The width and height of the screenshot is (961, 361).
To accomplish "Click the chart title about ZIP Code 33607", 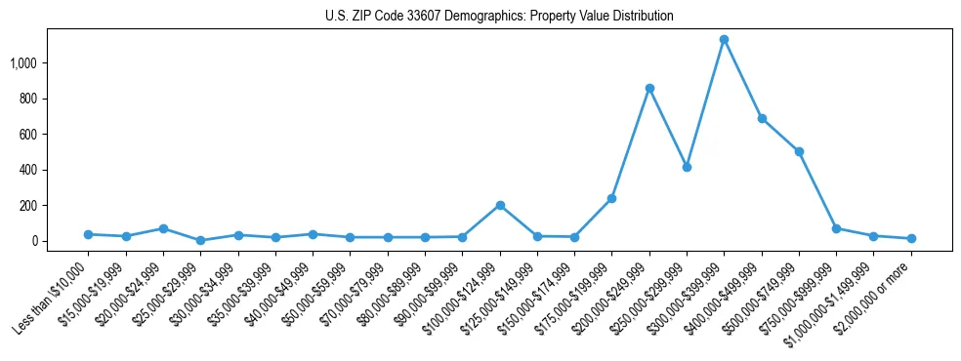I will pos(499,17).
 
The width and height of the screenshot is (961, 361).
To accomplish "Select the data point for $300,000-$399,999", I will pos(724,40).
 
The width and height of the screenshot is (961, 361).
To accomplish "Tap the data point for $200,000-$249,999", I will pos(649,88).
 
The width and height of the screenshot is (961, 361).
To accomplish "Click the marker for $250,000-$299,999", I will pos(687,167).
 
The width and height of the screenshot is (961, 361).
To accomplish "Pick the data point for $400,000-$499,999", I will pos(762,118).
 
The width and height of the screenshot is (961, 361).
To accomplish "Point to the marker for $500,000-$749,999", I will pos(799,151).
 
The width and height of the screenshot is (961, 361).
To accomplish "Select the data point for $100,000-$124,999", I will pos(500,205).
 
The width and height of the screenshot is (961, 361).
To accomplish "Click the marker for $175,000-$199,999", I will pos(612,198).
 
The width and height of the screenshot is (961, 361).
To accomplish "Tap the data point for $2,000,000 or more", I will pos(911,238).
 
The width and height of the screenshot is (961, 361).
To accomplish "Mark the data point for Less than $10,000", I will pos(88,234).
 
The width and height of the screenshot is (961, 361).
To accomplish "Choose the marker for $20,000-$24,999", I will pos(163,228).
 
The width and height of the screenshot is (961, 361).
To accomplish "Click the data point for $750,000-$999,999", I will pos(836,228).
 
